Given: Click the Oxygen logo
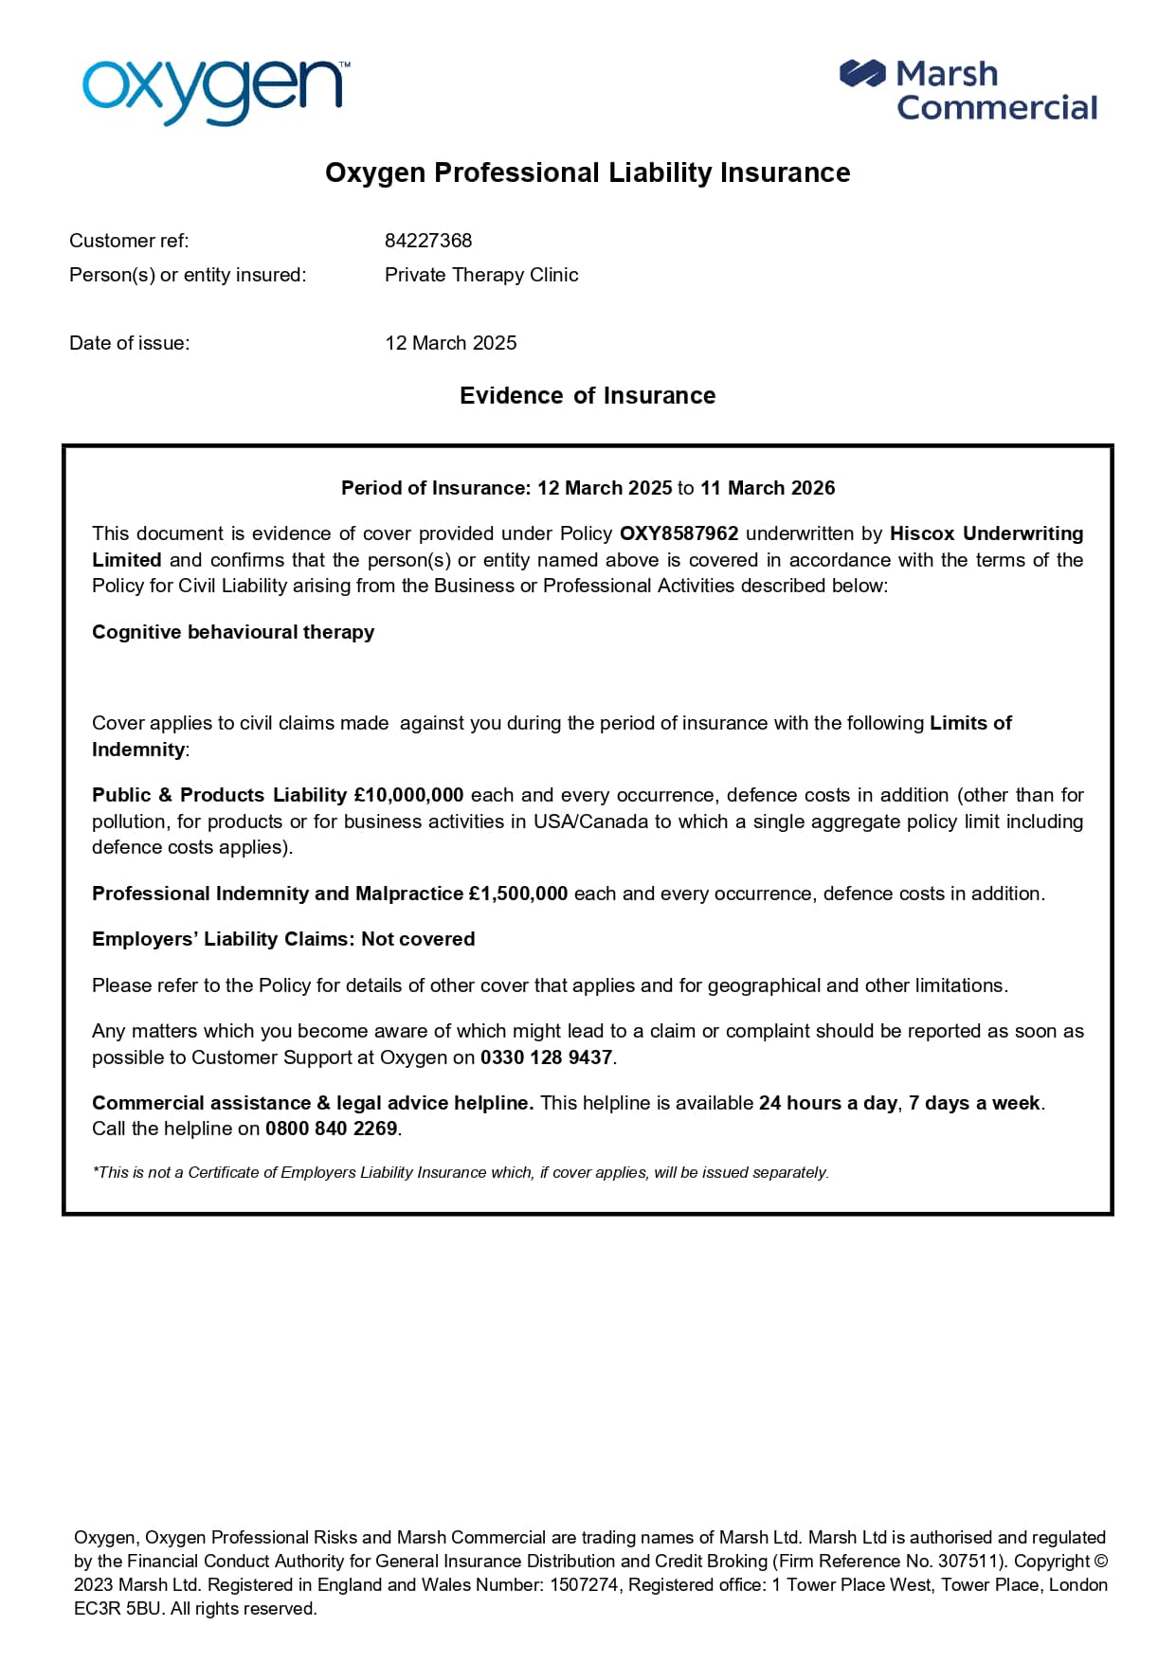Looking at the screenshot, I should (x=215, y=90).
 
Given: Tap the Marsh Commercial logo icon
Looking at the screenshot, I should (x=861, y=74).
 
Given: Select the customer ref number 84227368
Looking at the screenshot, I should (x=428, y=241).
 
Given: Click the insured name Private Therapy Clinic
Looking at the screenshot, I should (x=481, y=275).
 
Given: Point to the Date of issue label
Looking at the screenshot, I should (x=129, y=343).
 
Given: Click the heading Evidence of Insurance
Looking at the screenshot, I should (x=588, y=395).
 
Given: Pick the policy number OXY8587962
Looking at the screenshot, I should (x=678, y=533).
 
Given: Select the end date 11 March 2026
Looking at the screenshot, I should (x=768, y=488).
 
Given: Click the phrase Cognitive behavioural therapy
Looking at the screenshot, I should (x=233, y=632).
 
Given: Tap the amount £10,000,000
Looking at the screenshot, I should (x=408, y=795).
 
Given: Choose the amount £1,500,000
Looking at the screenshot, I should (x=518, y=894).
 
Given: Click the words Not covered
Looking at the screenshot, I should (x=418, y=939).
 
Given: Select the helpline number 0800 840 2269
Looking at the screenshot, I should (x=332, y=1129).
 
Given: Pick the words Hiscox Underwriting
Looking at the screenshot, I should (x=986, y=533).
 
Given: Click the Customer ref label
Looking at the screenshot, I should (x=129, y=241).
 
